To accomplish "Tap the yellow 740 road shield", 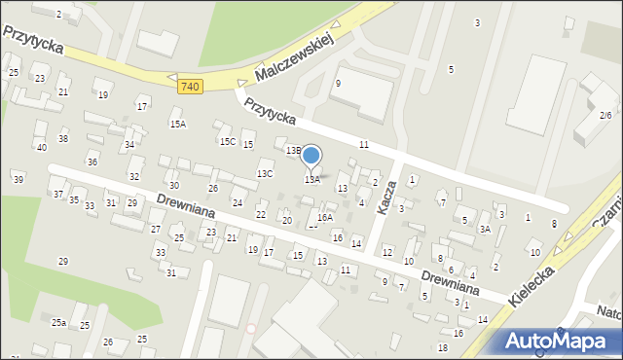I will tap(191, 87).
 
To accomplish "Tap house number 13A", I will tap(311, 180).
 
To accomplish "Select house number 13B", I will tap(293, 151).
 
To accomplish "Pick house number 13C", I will tap(265, 174).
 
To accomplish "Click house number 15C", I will tap(228, 142).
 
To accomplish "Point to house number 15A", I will tap(177, 125).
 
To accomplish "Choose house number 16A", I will tap(325, 218).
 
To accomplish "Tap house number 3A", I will tap(484, 230).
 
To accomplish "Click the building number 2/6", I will tap(605, 115).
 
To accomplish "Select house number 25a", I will tap(59, 322).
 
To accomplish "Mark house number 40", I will tap(41, 148).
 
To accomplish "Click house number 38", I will tap(63, 139).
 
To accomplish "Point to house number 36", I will tap(92, 162).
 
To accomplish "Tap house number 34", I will tap(129, 145).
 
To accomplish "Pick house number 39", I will tap(18, 180).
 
